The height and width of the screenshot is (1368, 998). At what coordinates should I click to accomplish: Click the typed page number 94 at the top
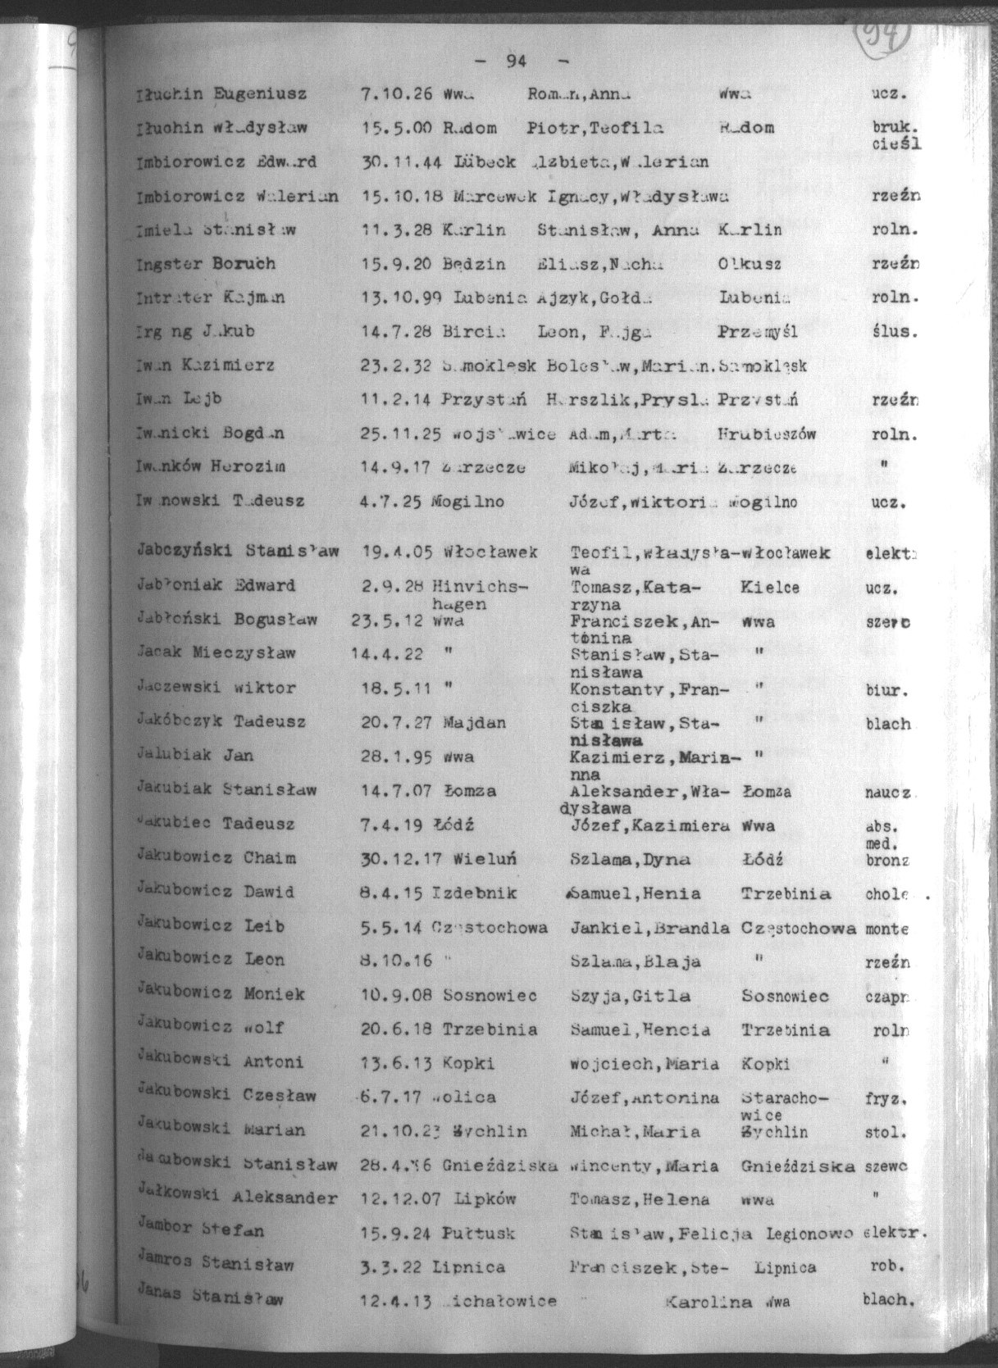516,61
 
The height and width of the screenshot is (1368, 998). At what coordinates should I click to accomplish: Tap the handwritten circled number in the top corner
883,34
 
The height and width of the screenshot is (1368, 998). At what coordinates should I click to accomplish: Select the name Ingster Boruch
206,264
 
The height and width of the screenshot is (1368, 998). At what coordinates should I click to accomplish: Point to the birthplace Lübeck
484,162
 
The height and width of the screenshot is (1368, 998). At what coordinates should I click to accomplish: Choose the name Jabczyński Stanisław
238,552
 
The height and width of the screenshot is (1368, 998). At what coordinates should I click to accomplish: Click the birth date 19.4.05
397,552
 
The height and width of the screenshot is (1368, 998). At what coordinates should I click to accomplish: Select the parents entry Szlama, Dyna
630,860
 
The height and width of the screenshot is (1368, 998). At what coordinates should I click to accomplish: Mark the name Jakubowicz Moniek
221,994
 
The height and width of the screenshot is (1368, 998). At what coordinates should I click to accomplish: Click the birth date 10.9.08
396,996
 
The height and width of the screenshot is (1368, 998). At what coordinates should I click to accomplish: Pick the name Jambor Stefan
201,1230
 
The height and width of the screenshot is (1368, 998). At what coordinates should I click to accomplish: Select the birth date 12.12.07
402,1199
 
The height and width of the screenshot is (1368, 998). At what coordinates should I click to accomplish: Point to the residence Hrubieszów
767,434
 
